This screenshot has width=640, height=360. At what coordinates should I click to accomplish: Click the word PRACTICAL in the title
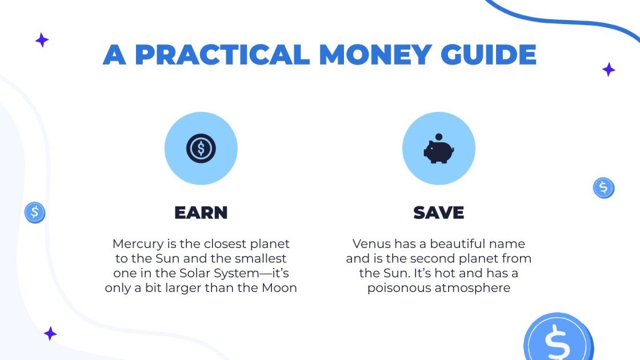(x=222, y=54)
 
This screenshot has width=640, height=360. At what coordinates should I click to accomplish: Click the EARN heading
(x=201, y=213)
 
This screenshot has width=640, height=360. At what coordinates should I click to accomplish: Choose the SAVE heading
(x=439, y=213)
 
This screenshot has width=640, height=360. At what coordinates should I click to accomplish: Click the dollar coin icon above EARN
(x=201, y=149)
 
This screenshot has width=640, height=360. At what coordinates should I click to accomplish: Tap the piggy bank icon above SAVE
(x=438, y=150)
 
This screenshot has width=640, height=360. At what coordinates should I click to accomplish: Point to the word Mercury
(x=135, y=244)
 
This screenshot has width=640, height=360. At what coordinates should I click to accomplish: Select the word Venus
(x=370, y=244)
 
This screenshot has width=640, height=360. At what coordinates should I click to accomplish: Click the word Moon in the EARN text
(x=278, y=288)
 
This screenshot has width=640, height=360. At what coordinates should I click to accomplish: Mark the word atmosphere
(x=475, y=288)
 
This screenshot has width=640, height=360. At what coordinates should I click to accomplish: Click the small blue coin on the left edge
(x=35, y=213)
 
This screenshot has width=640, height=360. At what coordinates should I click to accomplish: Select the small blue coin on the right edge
(x=603, y=187)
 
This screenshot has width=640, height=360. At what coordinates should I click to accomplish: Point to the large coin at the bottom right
(x=558, y=339)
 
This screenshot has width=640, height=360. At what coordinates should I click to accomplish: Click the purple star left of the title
(x=42, y=40)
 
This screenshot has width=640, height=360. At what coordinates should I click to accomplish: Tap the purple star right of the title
(x=609, y=70)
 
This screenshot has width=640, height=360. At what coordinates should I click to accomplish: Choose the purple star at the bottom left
(x=50, y=334)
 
